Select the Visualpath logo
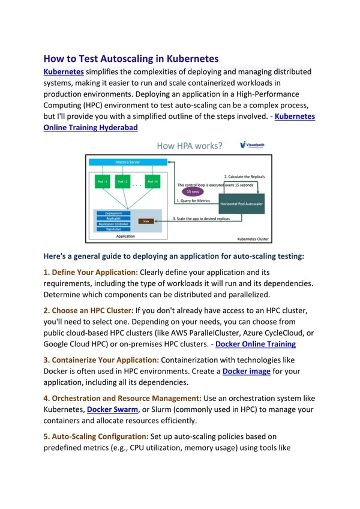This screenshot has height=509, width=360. [x=252, y=145]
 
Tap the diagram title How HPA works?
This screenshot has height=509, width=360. [x=189, y=146]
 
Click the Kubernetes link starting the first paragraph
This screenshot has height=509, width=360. [x=64, y=71]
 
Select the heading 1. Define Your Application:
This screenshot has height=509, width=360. [x=91, y=273]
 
